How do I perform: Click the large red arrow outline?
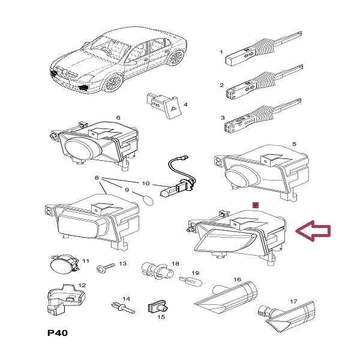pyautogui.click(x=316, y=231)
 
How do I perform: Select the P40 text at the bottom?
pyautogui.click(x=58, y=332)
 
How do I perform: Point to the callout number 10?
pyautogui.click(x=145, y=182)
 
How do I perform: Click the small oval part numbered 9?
pyautogui.click(x=148, y=196)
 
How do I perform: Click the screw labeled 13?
pyautogui.click(x=109, y=265)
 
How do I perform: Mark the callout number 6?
pyautogui.click(x=118, y=118)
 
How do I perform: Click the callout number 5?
pyautogui.click(x=294, y=144)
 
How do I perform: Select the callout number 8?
pyautogui.click(x=95, y=178)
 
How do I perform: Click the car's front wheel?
pyautogui.click(x=112, y=81)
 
